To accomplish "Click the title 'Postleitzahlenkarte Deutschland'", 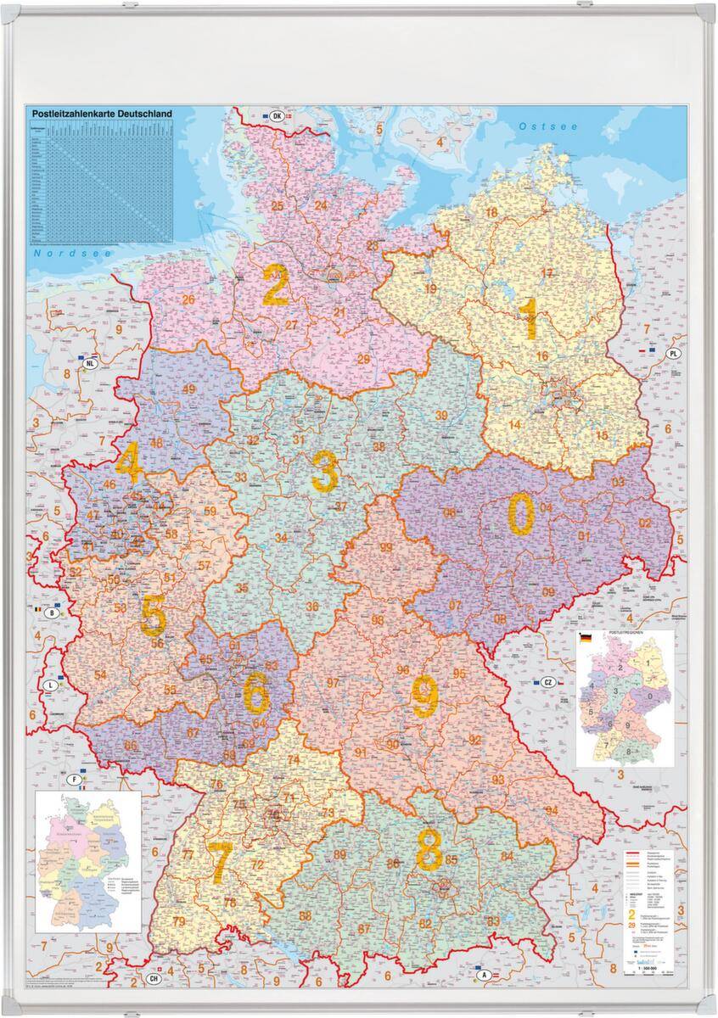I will tap(102, 113).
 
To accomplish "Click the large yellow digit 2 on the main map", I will tap(276, 285).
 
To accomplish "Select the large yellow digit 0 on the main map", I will tap(521, 516).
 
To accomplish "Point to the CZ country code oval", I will tap(548, 682).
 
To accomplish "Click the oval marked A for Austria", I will tap(484, 976).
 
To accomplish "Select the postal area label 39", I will tap(440, 415).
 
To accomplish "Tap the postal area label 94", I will tap(553, 811).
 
